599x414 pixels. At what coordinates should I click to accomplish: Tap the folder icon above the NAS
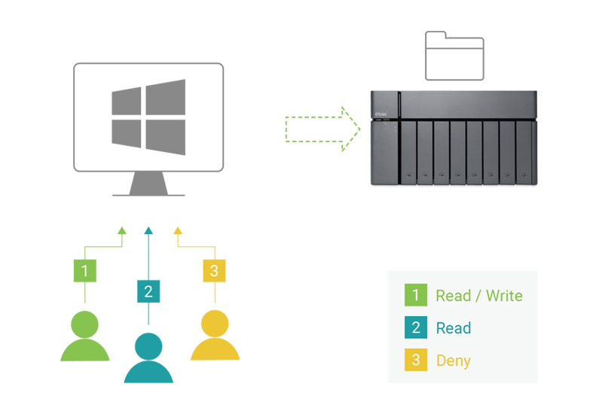(x=455, y=56)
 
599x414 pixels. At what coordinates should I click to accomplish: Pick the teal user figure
(x=148, y=357)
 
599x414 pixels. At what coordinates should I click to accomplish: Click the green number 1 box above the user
(x=84, y=271)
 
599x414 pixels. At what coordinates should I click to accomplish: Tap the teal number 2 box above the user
(x=148, y=291)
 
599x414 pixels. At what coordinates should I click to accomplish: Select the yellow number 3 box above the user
(x=215, y=271)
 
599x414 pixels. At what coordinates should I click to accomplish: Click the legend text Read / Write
(x=478, y=296)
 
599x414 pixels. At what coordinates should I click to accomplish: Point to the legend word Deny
(x=454, y=361)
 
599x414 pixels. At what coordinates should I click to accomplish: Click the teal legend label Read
(x=454, y=328)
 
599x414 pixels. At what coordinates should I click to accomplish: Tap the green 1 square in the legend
(x=415, y=296)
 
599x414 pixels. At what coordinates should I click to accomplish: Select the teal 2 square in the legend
(x=415, y=328)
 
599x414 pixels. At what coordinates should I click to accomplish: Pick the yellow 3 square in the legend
(x=415, y=361)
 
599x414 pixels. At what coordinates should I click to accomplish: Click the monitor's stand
(x=148, y=184)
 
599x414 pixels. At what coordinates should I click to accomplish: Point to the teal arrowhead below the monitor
(x=148, y=231)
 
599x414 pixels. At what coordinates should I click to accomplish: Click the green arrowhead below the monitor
(x=121, y=231)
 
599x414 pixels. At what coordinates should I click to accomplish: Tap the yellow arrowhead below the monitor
(x=178, y=231)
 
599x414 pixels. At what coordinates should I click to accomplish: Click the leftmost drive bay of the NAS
(x=408, y=154)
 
